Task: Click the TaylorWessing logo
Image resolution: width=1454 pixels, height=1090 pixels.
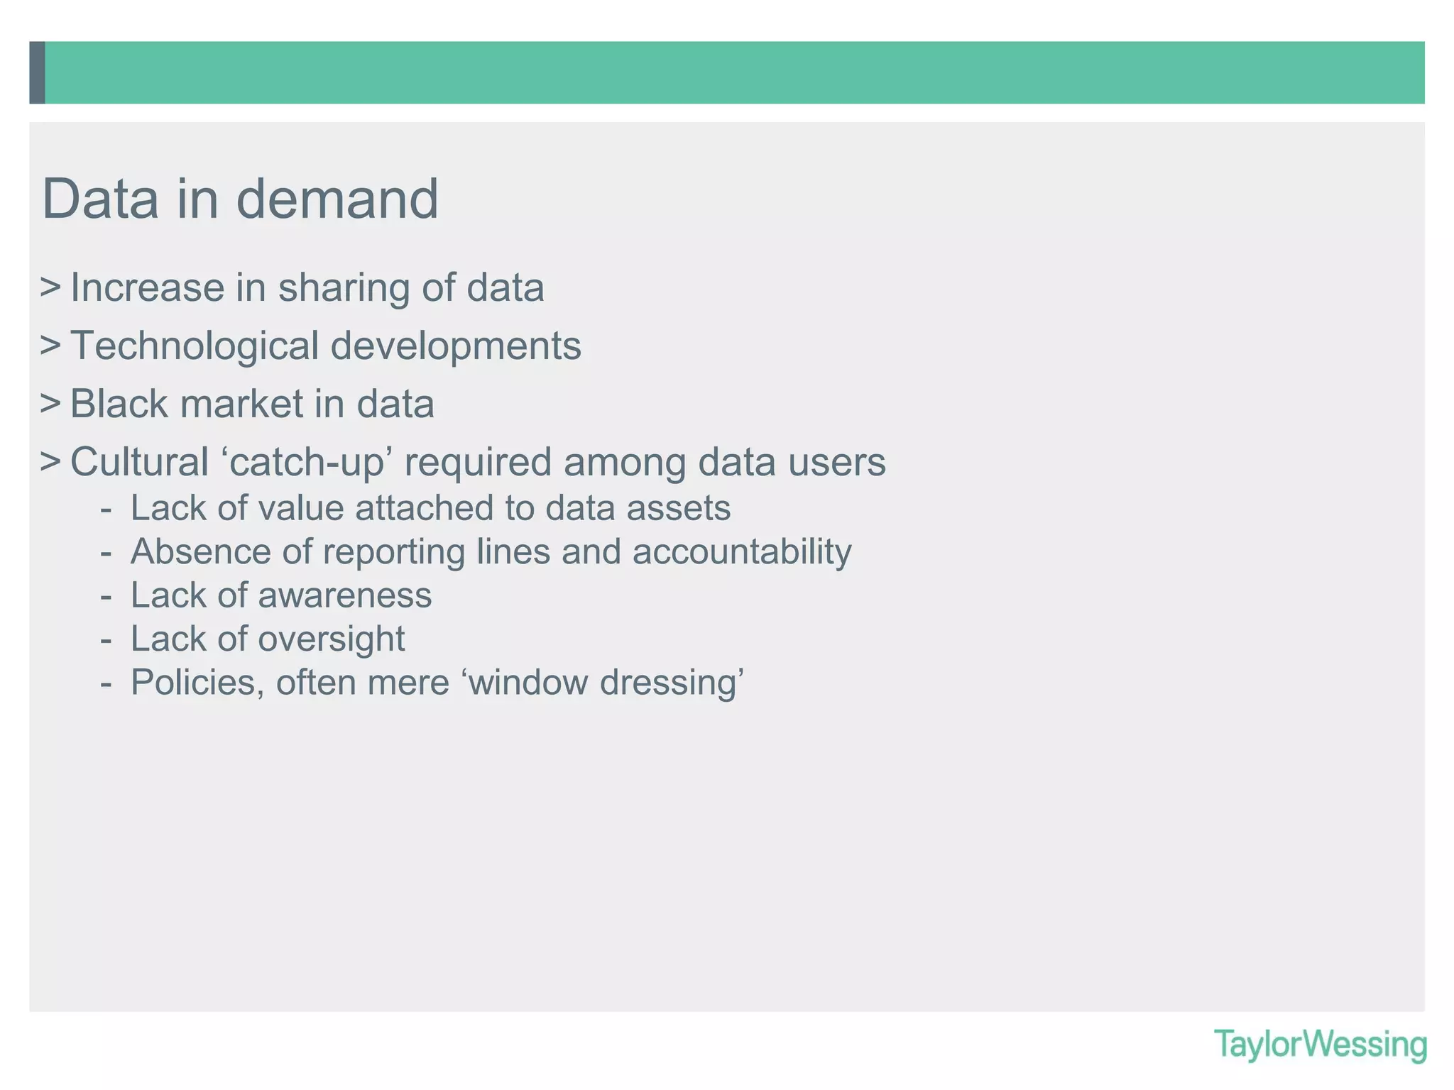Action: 1320,1045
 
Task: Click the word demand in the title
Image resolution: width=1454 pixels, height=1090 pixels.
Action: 337,199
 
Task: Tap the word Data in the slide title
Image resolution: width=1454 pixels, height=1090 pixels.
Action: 100,199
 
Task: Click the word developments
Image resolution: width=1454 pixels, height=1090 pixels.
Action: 456,347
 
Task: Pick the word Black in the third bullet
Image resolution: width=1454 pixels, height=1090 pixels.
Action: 119,404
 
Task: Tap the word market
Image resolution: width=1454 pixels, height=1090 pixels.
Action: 241,404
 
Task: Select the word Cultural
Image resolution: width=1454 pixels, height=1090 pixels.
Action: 139,463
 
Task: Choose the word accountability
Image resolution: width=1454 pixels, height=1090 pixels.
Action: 742,553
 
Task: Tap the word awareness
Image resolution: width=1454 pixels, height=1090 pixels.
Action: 345,596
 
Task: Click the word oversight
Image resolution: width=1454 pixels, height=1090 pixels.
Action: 332,639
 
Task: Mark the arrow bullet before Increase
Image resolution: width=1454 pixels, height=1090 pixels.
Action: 50,287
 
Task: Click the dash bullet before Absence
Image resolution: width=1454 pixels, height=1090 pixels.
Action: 106,553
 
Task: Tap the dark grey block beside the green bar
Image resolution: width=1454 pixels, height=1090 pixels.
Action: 37,72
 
